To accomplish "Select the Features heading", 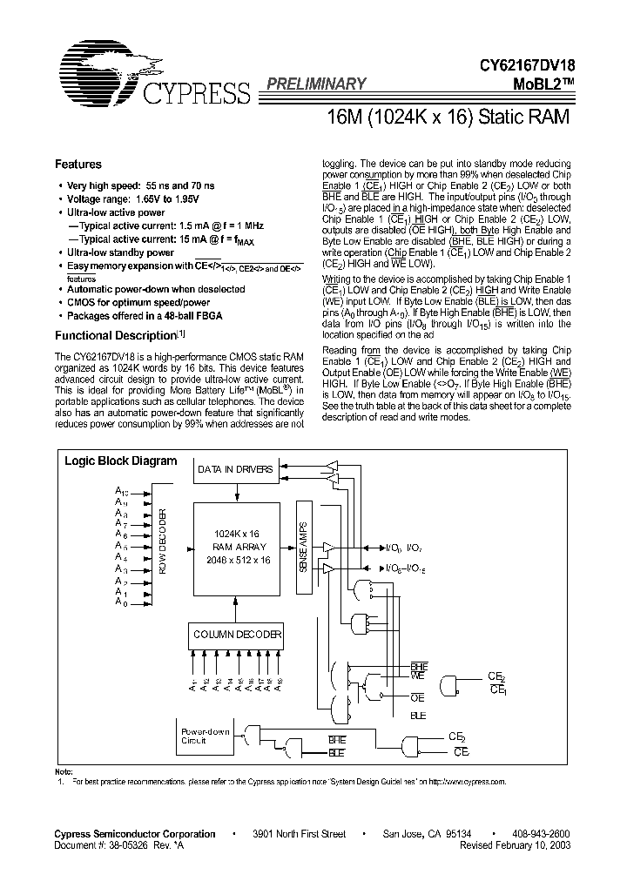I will [78, 164].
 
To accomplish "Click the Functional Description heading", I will [115, 335].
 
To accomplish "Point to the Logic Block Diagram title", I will [121, 461].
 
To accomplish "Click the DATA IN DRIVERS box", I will [234, 469].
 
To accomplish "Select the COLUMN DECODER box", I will [236, 635].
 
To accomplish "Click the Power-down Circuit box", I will [206, 736].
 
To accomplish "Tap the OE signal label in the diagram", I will [417, 697].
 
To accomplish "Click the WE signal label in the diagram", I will [417, 676].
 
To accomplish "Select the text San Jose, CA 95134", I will [429, 834].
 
